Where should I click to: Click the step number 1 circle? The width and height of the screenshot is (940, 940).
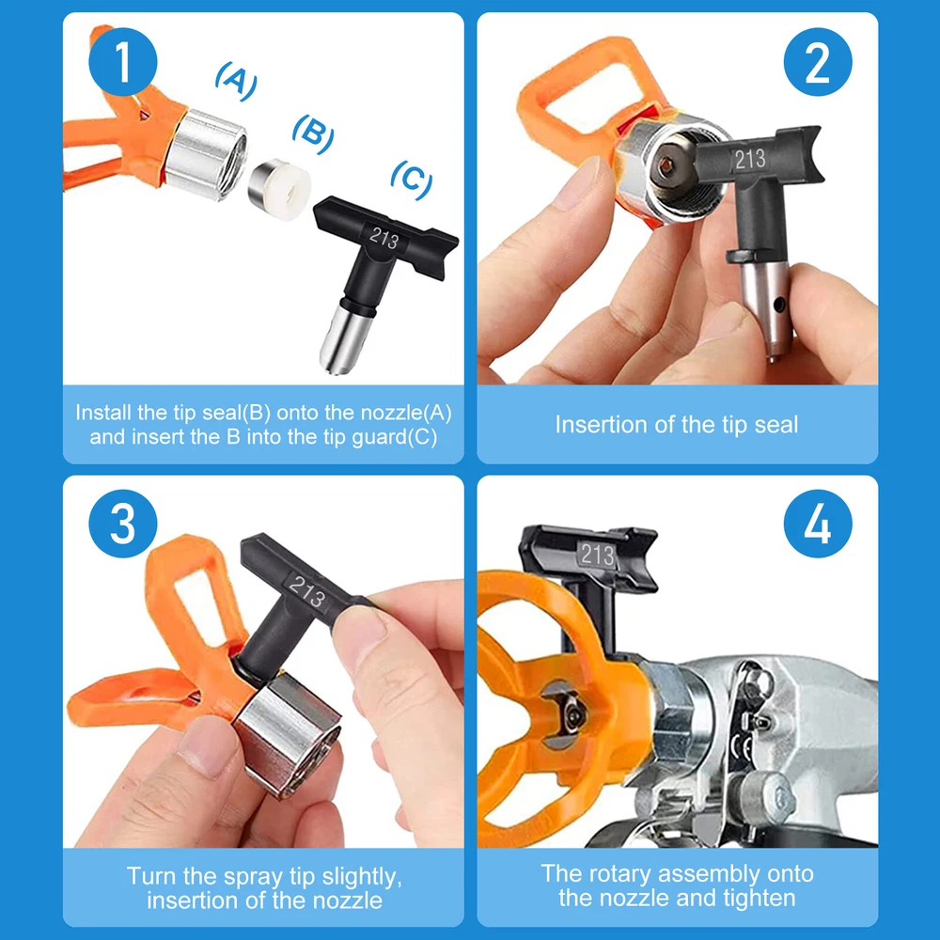click(123, 62)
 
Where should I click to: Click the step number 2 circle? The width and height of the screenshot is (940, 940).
click(818, 62)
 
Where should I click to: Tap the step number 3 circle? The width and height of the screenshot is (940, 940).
click(123, 524)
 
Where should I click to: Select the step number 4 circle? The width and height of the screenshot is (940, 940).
click(818, 524)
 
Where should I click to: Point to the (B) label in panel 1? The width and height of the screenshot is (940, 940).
click(313, 134)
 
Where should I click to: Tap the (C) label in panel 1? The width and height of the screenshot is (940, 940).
click(412, 180)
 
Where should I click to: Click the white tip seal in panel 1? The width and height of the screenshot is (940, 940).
click(280, 189)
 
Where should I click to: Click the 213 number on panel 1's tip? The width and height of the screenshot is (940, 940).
click(384, 239)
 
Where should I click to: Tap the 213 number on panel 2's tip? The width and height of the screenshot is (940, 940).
click(750, 160)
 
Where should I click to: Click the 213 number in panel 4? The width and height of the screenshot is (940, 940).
click(598, 555)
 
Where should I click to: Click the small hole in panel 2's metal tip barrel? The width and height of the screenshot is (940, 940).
click(778, 305)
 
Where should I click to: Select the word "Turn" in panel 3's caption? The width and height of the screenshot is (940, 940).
click(151, 876)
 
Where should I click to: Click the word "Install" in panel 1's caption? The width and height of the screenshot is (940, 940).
click(103, 413)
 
